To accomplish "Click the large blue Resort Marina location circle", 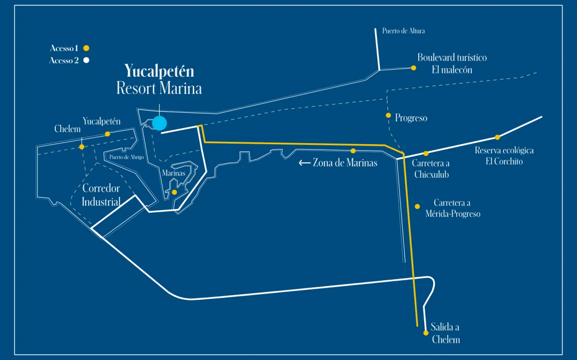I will pos(159,123).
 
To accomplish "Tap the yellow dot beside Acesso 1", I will pos(87,48).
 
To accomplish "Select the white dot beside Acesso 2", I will pos(87,61).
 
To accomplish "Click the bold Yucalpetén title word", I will pos(159,71).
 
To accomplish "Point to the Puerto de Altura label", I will pos(403,31).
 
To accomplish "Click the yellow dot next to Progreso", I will pos(388,115).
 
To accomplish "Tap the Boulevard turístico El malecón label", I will pos(452,63).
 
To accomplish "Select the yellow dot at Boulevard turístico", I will pos(414,68).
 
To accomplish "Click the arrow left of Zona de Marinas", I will pos(304,163).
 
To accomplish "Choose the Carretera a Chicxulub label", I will pos(431,169).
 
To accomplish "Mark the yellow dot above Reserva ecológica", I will pos(498,137).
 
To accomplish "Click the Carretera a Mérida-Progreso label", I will pos(452,209).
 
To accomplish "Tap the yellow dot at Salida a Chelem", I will pos(426,333).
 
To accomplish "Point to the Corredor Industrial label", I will pos(101,195).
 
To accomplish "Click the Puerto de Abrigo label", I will pos(126,157).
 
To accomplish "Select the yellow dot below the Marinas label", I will pos(174,192).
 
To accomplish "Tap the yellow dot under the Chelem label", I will pos(82,147).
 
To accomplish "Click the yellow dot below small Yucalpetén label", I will pos(108,134).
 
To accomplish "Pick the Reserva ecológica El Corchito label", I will pos(504,156).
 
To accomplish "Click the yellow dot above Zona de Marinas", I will pos(353,150).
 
